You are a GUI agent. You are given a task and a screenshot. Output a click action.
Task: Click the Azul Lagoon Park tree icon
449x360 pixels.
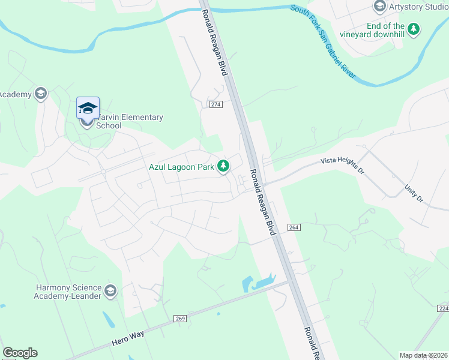click(223, 166)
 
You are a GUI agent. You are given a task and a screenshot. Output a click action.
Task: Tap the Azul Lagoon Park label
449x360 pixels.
click(181, 167)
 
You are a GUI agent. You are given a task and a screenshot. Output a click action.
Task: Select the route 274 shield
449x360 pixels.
click(217, 104)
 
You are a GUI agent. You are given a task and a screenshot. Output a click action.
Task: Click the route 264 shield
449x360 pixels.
click(294, 227)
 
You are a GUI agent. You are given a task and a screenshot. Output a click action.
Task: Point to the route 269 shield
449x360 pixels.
click(181, 317)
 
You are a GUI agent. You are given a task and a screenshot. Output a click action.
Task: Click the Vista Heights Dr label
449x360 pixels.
click(342, 165)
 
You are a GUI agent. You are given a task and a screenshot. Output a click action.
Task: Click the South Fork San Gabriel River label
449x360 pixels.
click(323, 43)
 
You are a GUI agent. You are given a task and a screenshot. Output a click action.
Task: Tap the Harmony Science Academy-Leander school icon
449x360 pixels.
click(110, 292)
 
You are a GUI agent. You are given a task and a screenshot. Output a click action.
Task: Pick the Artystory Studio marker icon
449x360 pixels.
click(379, 7)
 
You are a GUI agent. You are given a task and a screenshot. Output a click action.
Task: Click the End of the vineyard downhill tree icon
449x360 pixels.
click(413, 28)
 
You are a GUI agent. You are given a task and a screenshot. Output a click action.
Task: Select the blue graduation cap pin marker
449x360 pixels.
click(88, 109)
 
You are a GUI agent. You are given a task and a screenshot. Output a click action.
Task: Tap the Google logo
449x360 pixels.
click(20, 353)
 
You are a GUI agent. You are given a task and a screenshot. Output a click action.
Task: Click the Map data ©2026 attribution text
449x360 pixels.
click(424, 355)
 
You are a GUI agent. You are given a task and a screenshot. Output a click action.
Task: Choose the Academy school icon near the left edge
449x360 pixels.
click(40, 94)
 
